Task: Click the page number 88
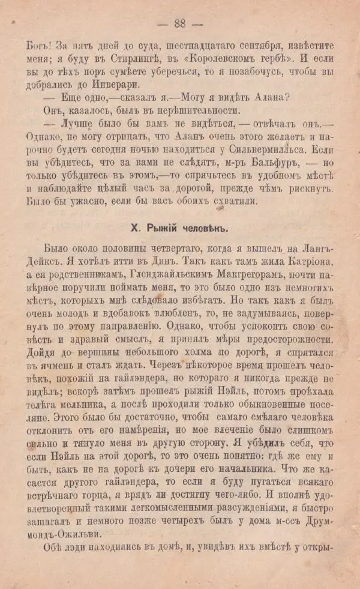click(180, 24)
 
